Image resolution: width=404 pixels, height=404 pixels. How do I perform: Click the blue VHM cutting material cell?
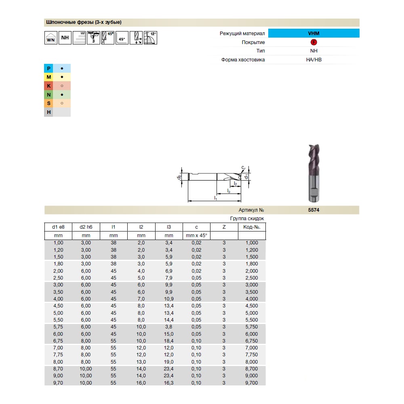(x=314, y=33)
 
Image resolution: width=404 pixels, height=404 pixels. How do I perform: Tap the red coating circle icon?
(x=314, y=42)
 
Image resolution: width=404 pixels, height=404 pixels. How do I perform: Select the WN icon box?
(x=51, y=38)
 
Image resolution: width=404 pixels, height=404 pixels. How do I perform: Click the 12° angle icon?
(x=150, y=38)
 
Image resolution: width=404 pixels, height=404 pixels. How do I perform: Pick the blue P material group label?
(x=48, y=68)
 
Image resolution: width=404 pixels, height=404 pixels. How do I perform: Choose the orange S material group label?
(x=48, y=103)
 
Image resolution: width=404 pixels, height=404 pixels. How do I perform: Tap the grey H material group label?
(x=48, y=112)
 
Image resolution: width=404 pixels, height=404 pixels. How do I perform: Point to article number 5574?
(x=314, y=210)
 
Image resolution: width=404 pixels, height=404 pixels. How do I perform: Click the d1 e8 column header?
(x=58, y=227)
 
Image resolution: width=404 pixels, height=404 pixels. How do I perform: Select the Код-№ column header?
(x=252, y=227)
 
